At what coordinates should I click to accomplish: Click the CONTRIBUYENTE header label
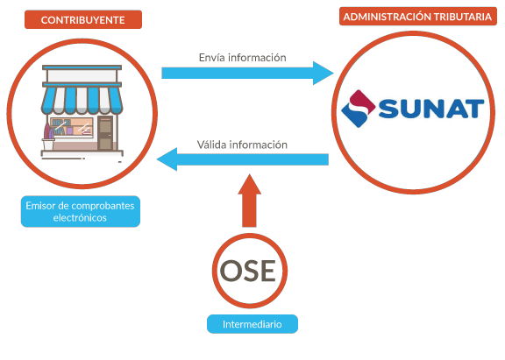(83, 19)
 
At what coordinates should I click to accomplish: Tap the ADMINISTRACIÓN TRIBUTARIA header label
(417, 17)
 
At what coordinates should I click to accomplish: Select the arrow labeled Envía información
(247, 73)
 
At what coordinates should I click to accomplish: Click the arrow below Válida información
(243, 159)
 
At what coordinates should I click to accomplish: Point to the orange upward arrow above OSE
(249, 201)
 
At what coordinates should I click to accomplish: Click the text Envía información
(243, 57)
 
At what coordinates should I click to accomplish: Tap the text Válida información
(242, 145)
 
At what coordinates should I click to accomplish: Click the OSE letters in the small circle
(248, 271)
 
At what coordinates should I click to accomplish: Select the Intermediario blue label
(252, 324)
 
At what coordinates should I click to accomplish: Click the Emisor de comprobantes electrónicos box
(80, 211)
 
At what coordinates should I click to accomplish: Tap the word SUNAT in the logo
(431, 109)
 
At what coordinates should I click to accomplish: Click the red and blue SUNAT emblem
(358, 109)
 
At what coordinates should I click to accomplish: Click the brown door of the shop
(105, 133)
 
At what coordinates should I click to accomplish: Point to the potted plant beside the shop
(48, 137)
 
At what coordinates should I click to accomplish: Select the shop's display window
(72, 127)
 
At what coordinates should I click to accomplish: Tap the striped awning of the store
(82, 101)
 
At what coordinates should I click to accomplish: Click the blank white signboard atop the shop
(82, 76)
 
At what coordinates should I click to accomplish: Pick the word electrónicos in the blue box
(80, 218)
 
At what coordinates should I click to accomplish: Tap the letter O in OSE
(231, 271)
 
